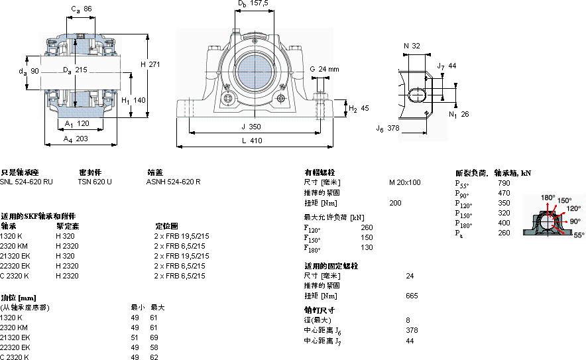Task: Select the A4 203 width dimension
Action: point(76,139)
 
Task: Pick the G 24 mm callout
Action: point(324,69)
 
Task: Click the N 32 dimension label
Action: point(412,46)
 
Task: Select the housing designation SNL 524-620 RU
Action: point(27,182)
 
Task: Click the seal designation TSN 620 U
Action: point(95,182)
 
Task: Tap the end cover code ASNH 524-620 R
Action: point(174,182)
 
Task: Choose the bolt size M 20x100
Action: point(404,182)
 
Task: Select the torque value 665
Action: point(412,296)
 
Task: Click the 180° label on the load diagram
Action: point(548,198)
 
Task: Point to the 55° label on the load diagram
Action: point(579,235)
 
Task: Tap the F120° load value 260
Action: point(367,227)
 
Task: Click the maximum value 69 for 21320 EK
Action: point(154,337)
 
